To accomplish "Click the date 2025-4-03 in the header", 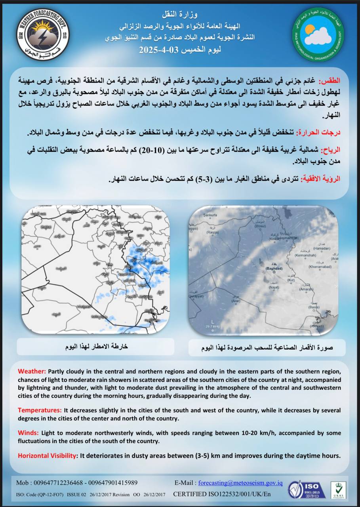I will tap(157, 51).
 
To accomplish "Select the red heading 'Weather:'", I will tap(32, 371).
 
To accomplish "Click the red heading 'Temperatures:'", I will tap(40, 410).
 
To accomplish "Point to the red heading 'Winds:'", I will tap(28, 433).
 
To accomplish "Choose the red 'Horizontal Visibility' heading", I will tap(47, 456).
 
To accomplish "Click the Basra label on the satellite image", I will tap(314, 307).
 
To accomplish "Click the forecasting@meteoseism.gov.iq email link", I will tap(240, 483).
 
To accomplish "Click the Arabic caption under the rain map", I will tap(96, 346).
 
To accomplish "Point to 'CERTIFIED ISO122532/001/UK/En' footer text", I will tap(222, 494).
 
